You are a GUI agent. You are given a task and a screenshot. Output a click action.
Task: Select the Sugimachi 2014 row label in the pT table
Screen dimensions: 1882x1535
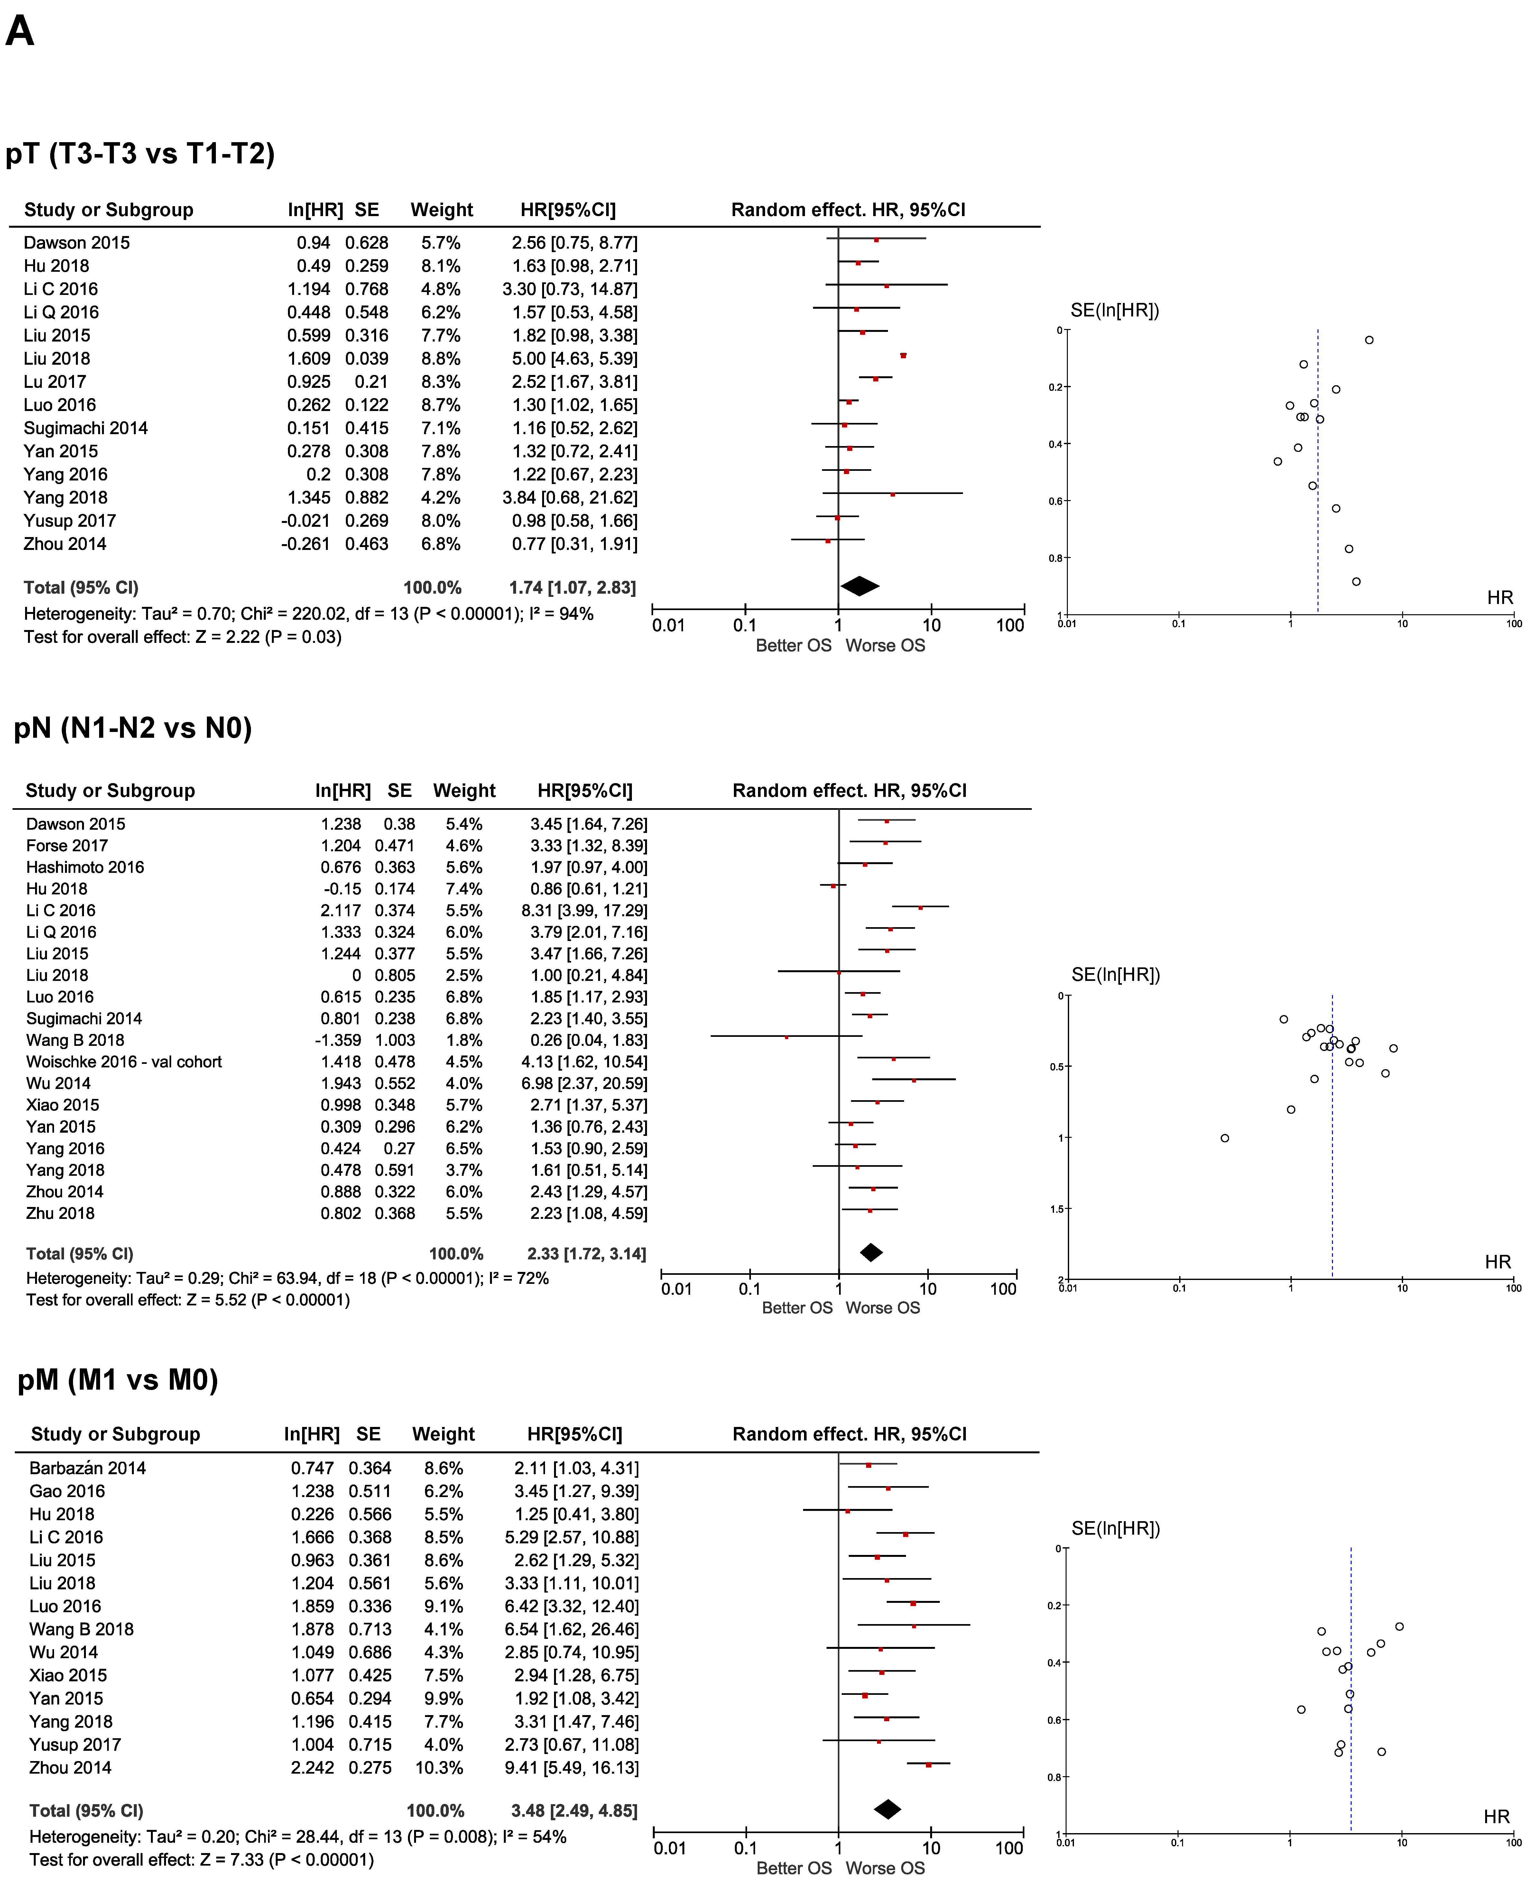pos(86,428)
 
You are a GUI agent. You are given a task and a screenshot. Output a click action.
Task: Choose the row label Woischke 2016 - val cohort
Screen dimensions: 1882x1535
pos(124,1062)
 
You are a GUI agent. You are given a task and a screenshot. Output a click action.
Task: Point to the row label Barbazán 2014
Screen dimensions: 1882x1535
pos(88,1468)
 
